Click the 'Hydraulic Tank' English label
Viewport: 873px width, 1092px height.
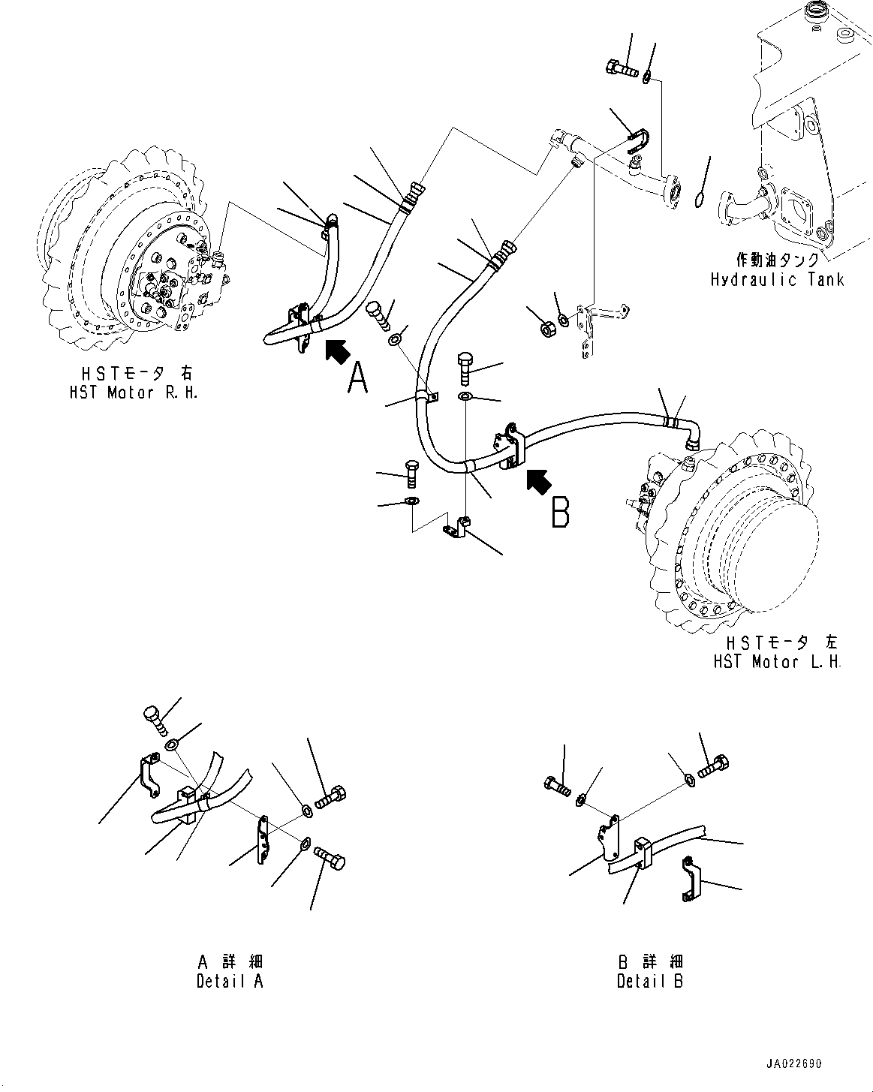777,280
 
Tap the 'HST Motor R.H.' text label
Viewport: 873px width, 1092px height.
132,393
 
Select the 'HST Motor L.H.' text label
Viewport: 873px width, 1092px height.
777,662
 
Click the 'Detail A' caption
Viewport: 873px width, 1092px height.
230,981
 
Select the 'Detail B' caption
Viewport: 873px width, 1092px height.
650,981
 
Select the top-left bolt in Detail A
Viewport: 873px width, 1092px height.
154,720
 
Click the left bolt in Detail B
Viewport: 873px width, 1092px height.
557,787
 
